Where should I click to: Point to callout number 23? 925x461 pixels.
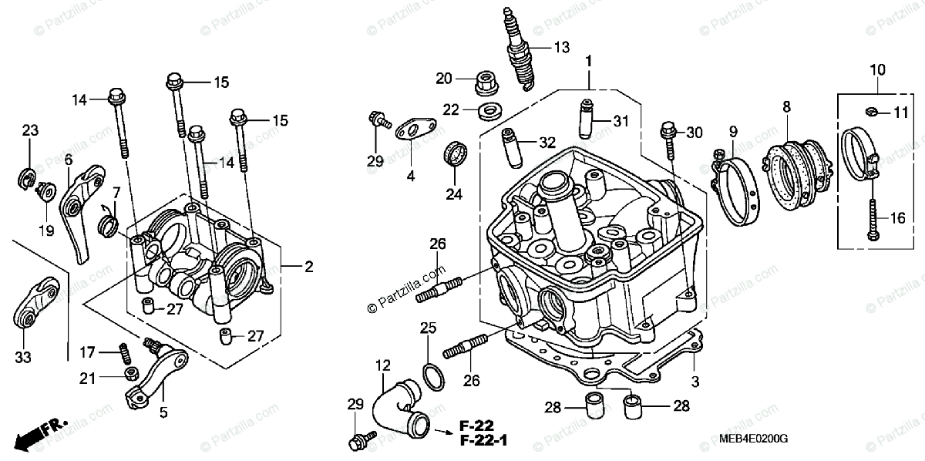[29, 130]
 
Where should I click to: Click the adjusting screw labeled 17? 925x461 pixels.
[122, 355]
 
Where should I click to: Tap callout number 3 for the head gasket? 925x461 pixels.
[695, 382]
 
